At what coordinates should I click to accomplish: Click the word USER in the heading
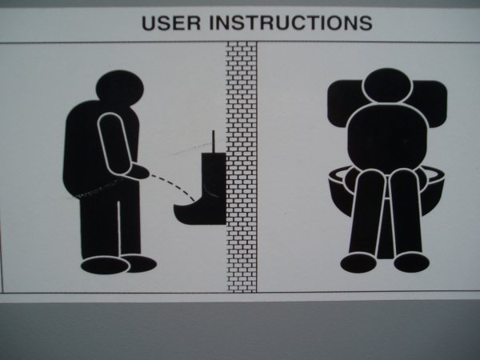click(x=171, y=22)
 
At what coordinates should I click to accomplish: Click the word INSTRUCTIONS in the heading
click(x=291, y=22)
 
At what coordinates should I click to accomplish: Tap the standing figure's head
click(x=120, y=86)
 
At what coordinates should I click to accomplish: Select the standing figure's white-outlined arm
click(x=114, y=142)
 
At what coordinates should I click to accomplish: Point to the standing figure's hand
click(x=139, y=172)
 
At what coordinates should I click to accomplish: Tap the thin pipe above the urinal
click(x=214, y=142)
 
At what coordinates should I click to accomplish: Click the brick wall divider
click(x=242, y=167)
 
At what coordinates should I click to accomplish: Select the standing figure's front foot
click(x=140, y=263)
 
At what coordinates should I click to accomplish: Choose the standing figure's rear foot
click(x=105, y=265)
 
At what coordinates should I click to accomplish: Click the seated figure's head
click(x=387, y=86)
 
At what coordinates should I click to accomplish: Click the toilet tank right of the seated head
click(x=430, y=102)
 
